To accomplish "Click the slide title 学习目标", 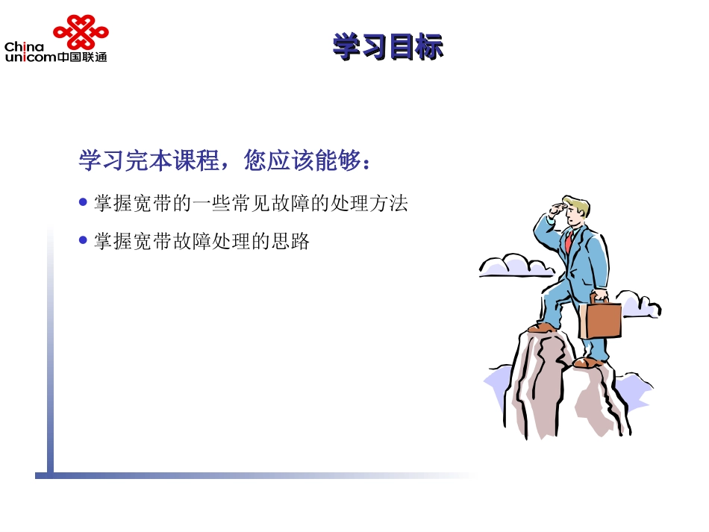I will pos(387,47).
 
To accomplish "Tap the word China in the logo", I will pos(24,47).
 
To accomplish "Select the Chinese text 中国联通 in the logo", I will pos(82,57).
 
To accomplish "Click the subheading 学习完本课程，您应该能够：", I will pos(225,160).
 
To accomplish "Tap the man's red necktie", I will pos(569,240).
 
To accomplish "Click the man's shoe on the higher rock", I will pos(543,327).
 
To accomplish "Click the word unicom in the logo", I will pos(30,57).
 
